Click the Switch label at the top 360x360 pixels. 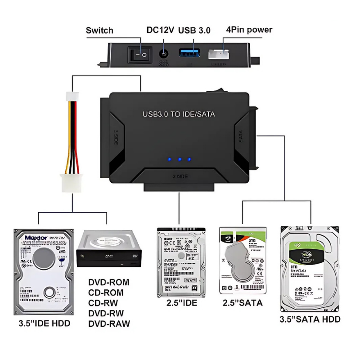[x=99, y=31]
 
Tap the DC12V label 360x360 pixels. [x=160, y=31]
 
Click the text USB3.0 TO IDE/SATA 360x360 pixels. [x=179, y=114]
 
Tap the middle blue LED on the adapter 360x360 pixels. [x=179, y=159]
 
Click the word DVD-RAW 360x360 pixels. [x=109, y=324]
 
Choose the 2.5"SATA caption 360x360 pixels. [x=243, y=303]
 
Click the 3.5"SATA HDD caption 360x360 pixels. [x=310, y=319]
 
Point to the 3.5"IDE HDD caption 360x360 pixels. [x=45, y=323]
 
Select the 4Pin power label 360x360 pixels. [x=249, y=30]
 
